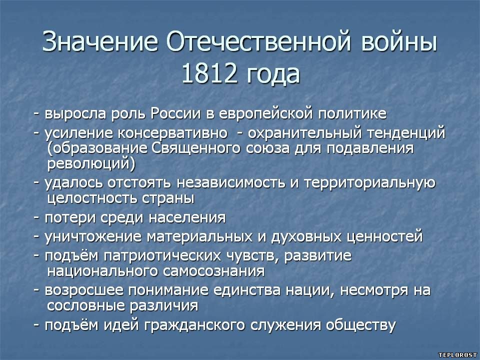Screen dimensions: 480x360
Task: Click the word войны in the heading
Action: click(x=399, y=41)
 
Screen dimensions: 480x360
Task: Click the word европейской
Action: click(x=266, y=114)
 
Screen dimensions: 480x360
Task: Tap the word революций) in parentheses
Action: click(x=91, y=164)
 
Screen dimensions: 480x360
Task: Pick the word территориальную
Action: click(x=369, y=183)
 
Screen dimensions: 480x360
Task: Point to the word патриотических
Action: click(x=162, y=256)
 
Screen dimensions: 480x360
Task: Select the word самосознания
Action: click(x=213, y=271)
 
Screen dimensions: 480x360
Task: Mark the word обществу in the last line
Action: click(x=361, y=325)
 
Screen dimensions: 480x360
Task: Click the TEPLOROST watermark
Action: click(x=457, y=355)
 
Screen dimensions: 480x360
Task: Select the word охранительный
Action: click(x=303, y=133)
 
